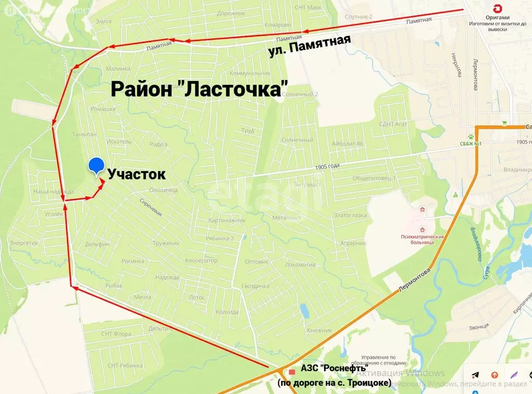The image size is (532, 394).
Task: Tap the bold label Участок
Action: [137, 175]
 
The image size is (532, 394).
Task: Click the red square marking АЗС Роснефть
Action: [292, 372]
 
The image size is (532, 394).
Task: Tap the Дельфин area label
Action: [97, 244]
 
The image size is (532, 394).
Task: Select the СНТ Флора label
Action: [116, 334]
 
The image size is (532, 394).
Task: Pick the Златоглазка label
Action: [350, 215]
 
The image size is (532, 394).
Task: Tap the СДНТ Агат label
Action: [394, 124]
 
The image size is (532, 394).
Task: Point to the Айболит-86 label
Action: [347, 143]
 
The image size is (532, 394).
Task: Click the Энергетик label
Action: [24, 243]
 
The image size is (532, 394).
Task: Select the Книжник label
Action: [319, 330]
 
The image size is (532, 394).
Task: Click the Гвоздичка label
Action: [255, 286]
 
